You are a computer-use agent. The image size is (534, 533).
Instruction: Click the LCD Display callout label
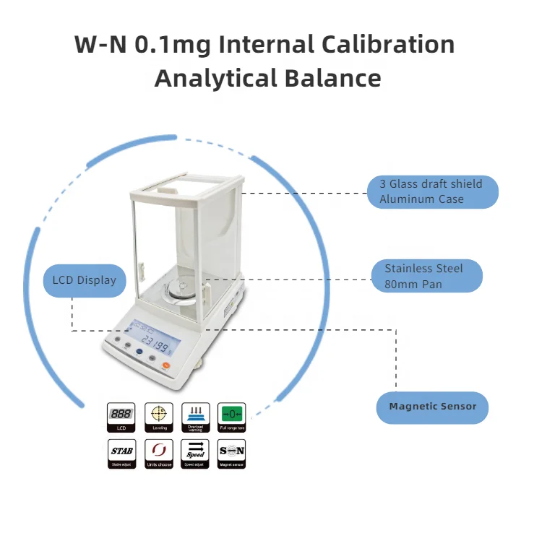84,280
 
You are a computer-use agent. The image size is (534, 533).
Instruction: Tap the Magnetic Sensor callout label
433,407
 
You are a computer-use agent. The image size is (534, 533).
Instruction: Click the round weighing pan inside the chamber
181,290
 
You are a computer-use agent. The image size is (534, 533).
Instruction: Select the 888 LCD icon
121,415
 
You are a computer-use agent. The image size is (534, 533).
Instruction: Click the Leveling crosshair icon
159,415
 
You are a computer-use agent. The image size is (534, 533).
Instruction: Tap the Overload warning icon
195,415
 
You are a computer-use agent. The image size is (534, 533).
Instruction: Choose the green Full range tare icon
232,415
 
